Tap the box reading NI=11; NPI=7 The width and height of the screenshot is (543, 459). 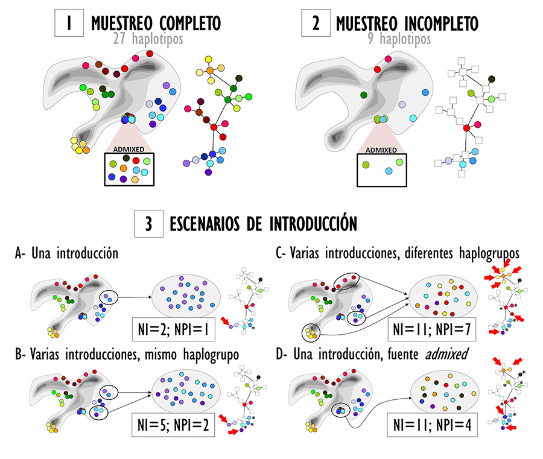[431, 329]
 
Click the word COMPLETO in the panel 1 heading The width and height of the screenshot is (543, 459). [190, 24]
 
